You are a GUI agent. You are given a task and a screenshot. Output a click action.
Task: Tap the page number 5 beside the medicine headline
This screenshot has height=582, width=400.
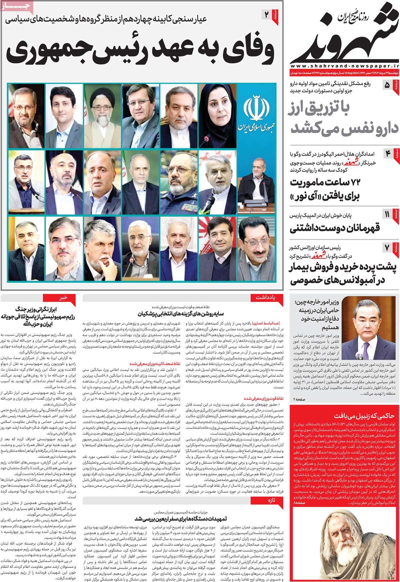[x=387, y=85]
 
